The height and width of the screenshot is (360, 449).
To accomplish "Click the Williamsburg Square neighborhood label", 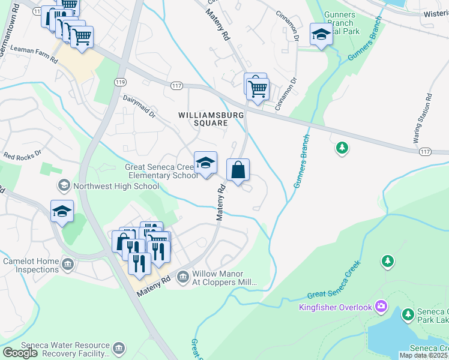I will (x=202, y=118).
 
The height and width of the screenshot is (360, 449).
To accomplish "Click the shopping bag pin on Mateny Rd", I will (x=238, y=170).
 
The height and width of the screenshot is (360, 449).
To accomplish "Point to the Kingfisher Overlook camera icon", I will (x=381, y=307).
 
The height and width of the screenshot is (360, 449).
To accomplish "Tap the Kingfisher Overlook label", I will (x=336, y=308).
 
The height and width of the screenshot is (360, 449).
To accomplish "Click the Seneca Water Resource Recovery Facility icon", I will (x=119, y=348).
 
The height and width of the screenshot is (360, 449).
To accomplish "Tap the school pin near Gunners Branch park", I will (x=321, y=35).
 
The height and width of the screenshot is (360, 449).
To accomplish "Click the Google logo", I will (x=20, y=353).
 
